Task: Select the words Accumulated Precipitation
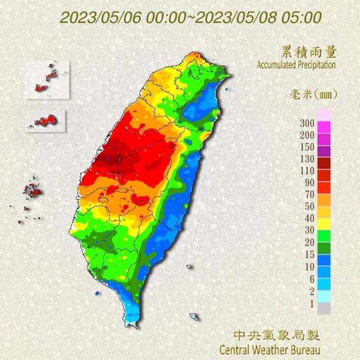(x=296, y=65)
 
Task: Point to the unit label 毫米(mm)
(x=313, y=94)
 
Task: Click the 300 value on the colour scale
(x=307, y=122)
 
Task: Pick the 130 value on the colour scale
(x=307, y=159)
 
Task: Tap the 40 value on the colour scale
(x=309, y=218)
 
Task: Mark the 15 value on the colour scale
(x=309, y=254)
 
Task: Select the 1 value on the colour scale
(x=311, y=303)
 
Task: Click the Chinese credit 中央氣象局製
(x=276, y=335)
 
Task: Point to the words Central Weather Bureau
(x=269, y=348)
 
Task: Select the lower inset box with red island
(x=46, y=120)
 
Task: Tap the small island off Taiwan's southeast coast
(x=194, y=317)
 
